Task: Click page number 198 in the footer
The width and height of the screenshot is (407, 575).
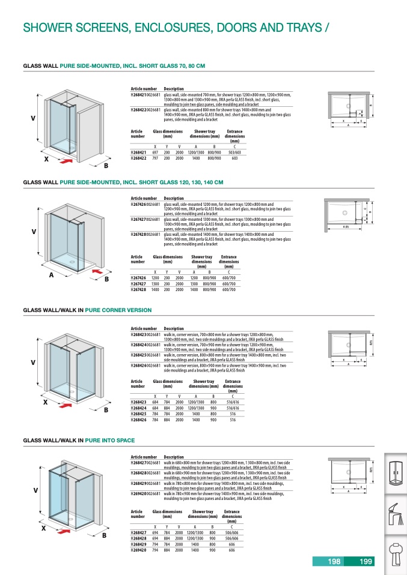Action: coord(334,562)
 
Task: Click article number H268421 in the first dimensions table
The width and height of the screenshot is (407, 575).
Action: coord(139,153)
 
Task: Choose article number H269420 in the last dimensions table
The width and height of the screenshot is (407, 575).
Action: coord(139,549)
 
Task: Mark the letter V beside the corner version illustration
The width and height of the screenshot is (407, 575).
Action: coord(33,363)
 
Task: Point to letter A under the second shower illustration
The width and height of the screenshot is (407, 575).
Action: coord(52,274)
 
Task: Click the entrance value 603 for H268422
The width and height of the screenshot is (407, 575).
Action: coord(234,158)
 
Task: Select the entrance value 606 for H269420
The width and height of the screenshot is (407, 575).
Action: coord(232,549)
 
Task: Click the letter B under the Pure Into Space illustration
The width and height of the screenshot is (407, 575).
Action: coord(104,535)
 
